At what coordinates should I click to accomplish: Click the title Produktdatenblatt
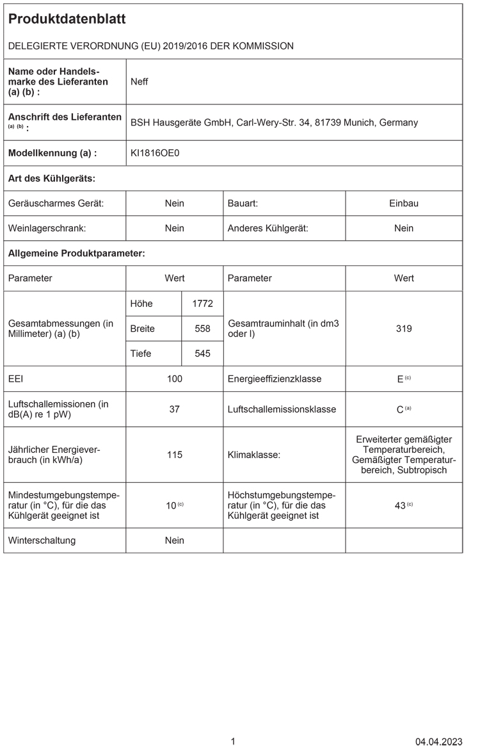click(67, 19)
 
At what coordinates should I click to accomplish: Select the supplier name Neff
click(140, 81)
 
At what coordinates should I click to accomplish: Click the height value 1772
click(202, 304)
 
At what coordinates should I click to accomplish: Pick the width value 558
click(202, 329)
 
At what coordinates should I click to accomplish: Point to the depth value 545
click(202, 354)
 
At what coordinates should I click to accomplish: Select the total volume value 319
click(404, 329)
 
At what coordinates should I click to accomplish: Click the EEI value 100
click(174, 379)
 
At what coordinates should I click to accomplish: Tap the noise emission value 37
click(174, 409)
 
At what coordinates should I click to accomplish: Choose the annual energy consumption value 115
click(174, 455)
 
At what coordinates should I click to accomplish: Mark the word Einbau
click(404, 203)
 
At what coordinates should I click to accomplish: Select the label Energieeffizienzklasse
click(275, 379)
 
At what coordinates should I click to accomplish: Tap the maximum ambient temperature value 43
click(400, 505)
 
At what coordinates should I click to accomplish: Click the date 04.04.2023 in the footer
click(438, 742)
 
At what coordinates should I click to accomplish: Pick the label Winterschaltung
click(42, 541)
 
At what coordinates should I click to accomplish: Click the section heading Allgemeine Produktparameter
click(76, 254)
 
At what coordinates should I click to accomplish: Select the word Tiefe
click(141, 354)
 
